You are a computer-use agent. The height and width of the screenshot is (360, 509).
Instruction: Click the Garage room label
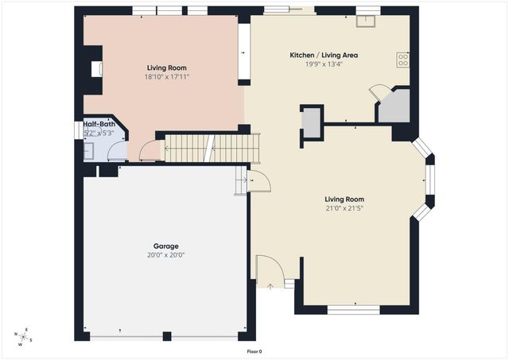tap(166, 246)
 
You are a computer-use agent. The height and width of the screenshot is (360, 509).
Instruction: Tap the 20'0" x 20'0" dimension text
tap(166, 256)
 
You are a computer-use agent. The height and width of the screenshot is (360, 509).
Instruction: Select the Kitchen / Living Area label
tap(324, 55)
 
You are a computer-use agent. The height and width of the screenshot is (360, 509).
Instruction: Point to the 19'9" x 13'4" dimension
tap(324, 64)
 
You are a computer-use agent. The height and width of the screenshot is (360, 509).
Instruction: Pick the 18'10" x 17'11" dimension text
tap(167, 77)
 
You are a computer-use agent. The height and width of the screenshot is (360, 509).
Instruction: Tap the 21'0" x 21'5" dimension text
tap(344, 208)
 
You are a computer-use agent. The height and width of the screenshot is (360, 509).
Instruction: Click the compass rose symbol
tap(25, 337)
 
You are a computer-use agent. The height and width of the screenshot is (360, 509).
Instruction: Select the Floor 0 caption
tap(254, 351)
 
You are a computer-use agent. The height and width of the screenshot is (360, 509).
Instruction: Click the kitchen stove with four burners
tap(402, 58)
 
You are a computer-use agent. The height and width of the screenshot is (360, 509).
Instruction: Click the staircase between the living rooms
tap(212, 149)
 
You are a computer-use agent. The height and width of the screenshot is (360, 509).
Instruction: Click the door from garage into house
tap(258, 183)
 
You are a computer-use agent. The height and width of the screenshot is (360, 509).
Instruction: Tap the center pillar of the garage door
tap(166, 336)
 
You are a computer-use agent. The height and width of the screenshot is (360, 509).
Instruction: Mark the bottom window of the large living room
tap(354, 311)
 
